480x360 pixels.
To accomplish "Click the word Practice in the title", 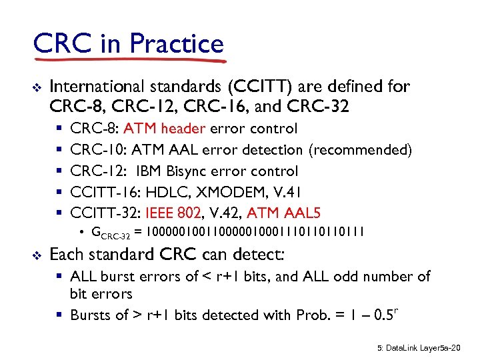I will (x=177, y=44).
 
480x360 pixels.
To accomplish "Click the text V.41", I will (x=289, y=192).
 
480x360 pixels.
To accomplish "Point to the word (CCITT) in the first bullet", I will (x=257, y=87).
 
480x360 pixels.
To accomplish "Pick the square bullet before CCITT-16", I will (x=59, y=192).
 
